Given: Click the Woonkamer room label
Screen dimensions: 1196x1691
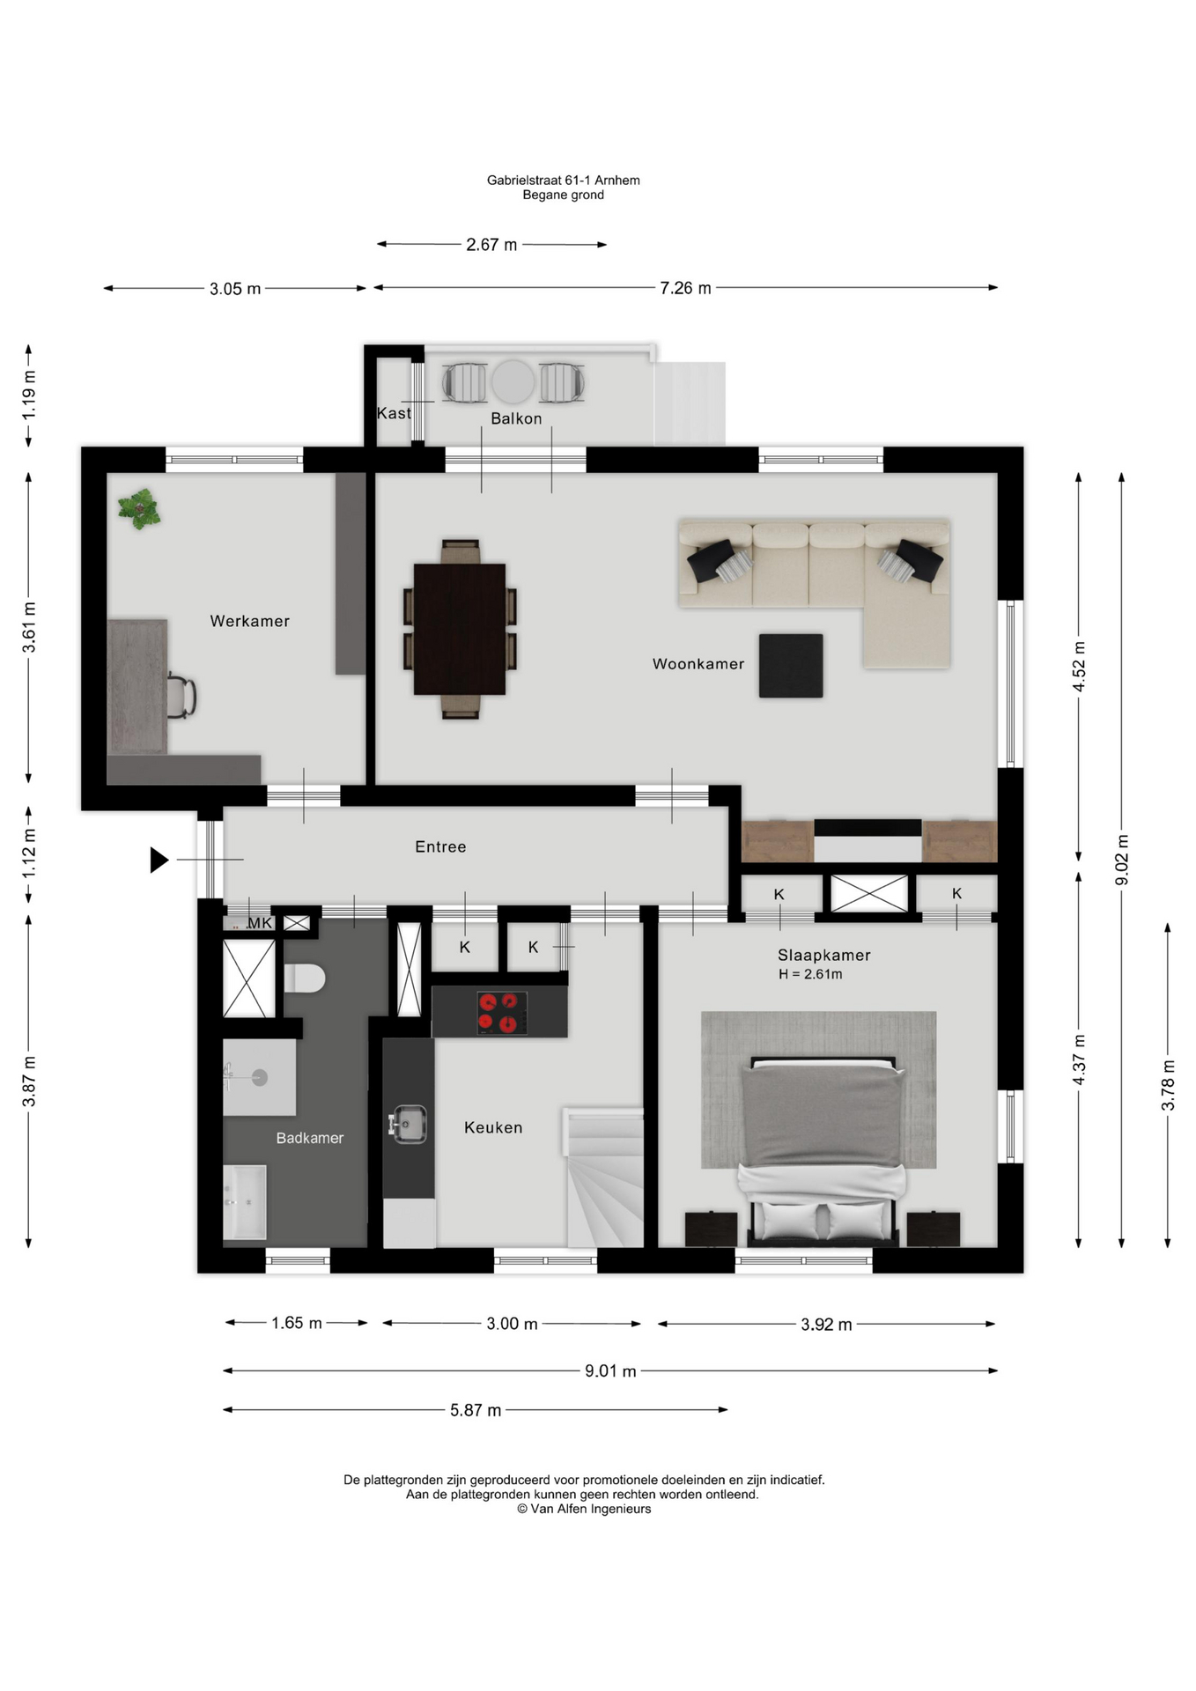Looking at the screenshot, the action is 698,664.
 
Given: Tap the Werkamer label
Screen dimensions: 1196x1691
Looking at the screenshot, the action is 249,621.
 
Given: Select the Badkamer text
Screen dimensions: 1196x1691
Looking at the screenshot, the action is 310,1138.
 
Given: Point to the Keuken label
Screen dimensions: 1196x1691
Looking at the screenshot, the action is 493,1127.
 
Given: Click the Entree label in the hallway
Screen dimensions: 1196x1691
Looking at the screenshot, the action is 440,846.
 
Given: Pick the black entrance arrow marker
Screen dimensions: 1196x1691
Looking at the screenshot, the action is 159,860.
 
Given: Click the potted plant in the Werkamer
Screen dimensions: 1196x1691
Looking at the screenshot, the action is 139,509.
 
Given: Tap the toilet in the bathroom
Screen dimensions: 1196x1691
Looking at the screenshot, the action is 305,978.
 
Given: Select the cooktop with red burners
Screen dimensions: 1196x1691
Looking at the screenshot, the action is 502,1012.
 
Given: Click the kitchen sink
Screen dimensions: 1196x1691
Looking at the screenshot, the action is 408,1125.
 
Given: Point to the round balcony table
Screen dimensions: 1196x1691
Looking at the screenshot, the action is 513,382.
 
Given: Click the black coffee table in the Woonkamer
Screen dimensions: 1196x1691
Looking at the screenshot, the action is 791,666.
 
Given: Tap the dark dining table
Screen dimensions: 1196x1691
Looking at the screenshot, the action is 460,629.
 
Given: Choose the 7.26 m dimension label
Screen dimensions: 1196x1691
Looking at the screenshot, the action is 685,288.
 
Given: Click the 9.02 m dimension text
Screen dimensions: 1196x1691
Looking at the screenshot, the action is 1122,860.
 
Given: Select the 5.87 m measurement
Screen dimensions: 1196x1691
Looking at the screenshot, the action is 476,1410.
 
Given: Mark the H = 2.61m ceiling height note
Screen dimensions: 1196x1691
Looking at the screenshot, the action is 810,974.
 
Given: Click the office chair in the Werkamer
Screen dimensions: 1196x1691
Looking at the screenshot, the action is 181,697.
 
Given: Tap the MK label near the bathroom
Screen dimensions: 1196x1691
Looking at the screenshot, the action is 260,923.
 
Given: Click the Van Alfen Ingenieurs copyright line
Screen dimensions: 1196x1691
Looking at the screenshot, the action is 584,1509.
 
